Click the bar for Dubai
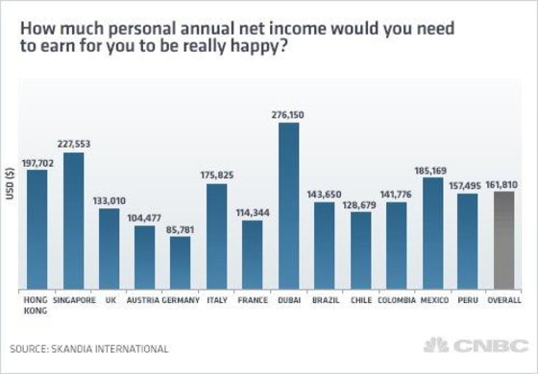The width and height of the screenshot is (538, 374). (287, 206)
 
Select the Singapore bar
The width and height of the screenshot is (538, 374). (67, 221)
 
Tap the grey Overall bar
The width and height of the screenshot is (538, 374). (503, 240)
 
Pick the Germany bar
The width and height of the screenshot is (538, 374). (180, 262)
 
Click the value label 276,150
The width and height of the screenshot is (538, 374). (288, 114)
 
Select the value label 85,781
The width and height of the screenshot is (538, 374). (180, 228)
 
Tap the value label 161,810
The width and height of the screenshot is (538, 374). (504, 183)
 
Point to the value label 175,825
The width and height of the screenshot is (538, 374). (216, 175)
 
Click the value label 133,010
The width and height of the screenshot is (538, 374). (108, 199)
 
